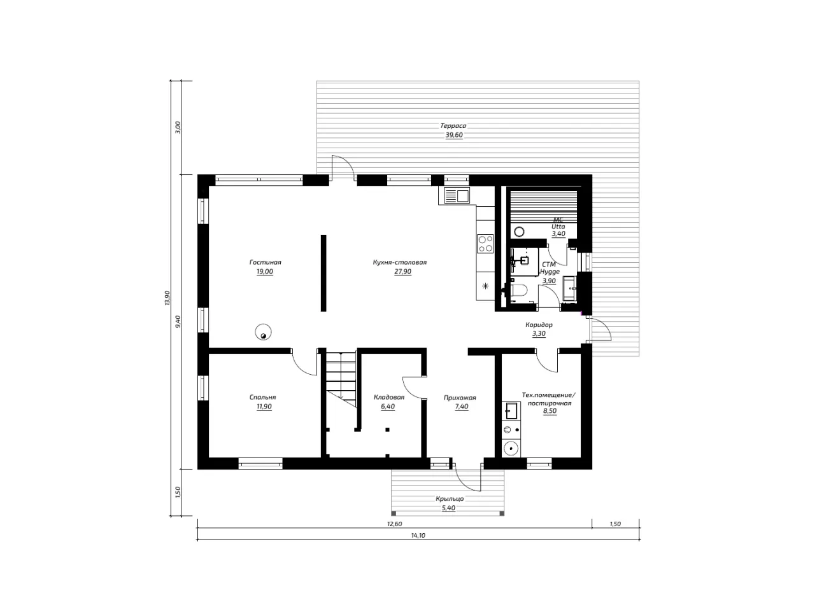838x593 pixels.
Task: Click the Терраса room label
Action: click(x=453, y=125)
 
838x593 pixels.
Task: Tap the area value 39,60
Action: click(x=454, y=135)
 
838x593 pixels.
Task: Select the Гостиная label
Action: click(x=266, y=262)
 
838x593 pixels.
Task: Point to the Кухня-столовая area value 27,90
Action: click(x=402, y=272)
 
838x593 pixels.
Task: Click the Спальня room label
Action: click(x=262, y=397)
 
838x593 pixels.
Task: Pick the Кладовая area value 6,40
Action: click(x=388, y=407)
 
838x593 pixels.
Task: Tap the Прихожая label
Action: click(x=460, y=398)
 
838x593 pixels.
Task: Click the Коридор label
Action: click(x=539, y=324)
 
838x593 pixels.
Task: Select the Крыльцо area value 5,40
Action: click(x=448, y=508)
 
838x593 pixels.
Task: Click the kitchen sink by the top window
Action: click(x=457, y=195)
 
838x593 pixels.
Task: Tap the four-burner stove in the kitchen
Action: click(x=485, y=244)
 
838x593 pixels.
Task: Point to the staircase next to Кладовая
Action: click(x=341, y=379)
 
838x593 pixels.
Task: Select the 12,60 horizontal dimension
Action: click(x=394, y=524)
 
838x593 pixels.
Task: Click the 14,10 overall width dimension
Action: click(x=418, y=536)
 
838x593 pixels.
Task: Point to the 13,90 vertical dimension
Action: click(x=167, y=298)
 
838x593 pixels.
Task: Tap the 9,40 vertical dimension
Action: click(x=178, y=321)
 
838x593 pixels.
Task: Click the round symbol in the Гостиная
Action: click(x=263, y=331)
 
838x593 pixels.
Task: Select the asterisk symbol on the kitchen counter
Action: click(x=485, y=286)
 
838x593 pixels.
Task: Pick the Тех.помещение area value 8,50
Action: click(x=550, y=411)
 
